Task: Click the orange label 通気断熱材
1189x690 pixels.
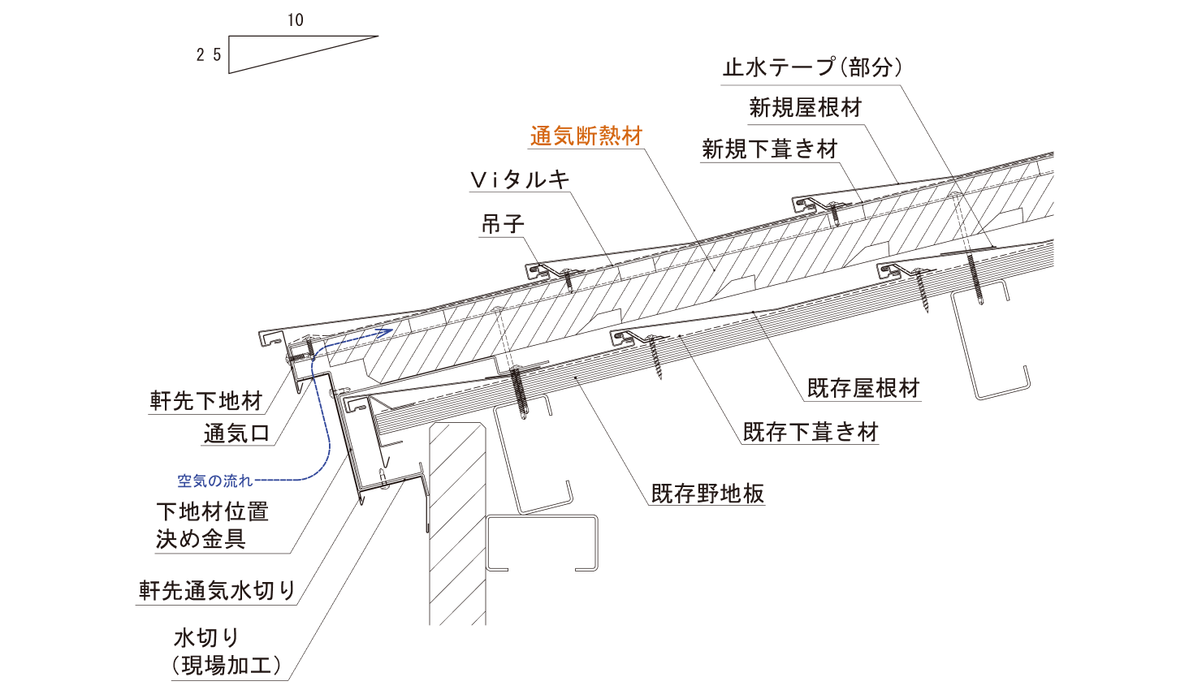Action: pyautogui.click(x=586, y=136)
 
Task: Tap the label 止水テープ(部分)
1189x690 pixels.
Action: pyautogui.click(x=812, y=67)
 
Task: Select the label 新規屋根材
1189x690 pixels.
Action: pyautogui.click(x=805, y=107)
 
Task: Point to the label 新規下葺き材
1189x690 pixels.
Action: pyautogui.click(x=769, y=149)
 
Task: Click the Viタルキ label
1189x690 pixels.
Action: pyautogui.click(x=520, y=179)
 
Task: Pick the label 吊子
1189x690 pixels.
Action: pyautogui.click(x=503, y=223)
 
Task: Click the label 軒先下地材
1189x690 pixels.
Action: pyautogui.click(x=206, y=400)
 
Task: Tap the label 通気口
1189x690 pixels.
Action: pyautogui.click(x=236, y=433)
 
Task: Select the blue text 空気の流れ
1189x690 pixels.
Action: pyautogui.click(x=214, y=481)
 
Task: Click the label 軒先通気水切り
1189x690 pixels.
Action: pyautogui.click(x=217, y=590)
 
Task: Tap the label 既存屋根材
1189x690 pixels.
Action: pyautogui.click(x=863, y=388)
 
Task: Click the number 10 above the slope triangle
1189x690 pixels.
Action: pyautogui.click(x=295, y=19)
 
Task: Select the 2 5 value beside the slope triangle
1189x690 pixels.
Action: pyautogui.click(x=209, y=54)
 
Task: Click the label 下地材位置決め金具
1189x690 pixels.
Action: pyautogui.click(x=211, y=524)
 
